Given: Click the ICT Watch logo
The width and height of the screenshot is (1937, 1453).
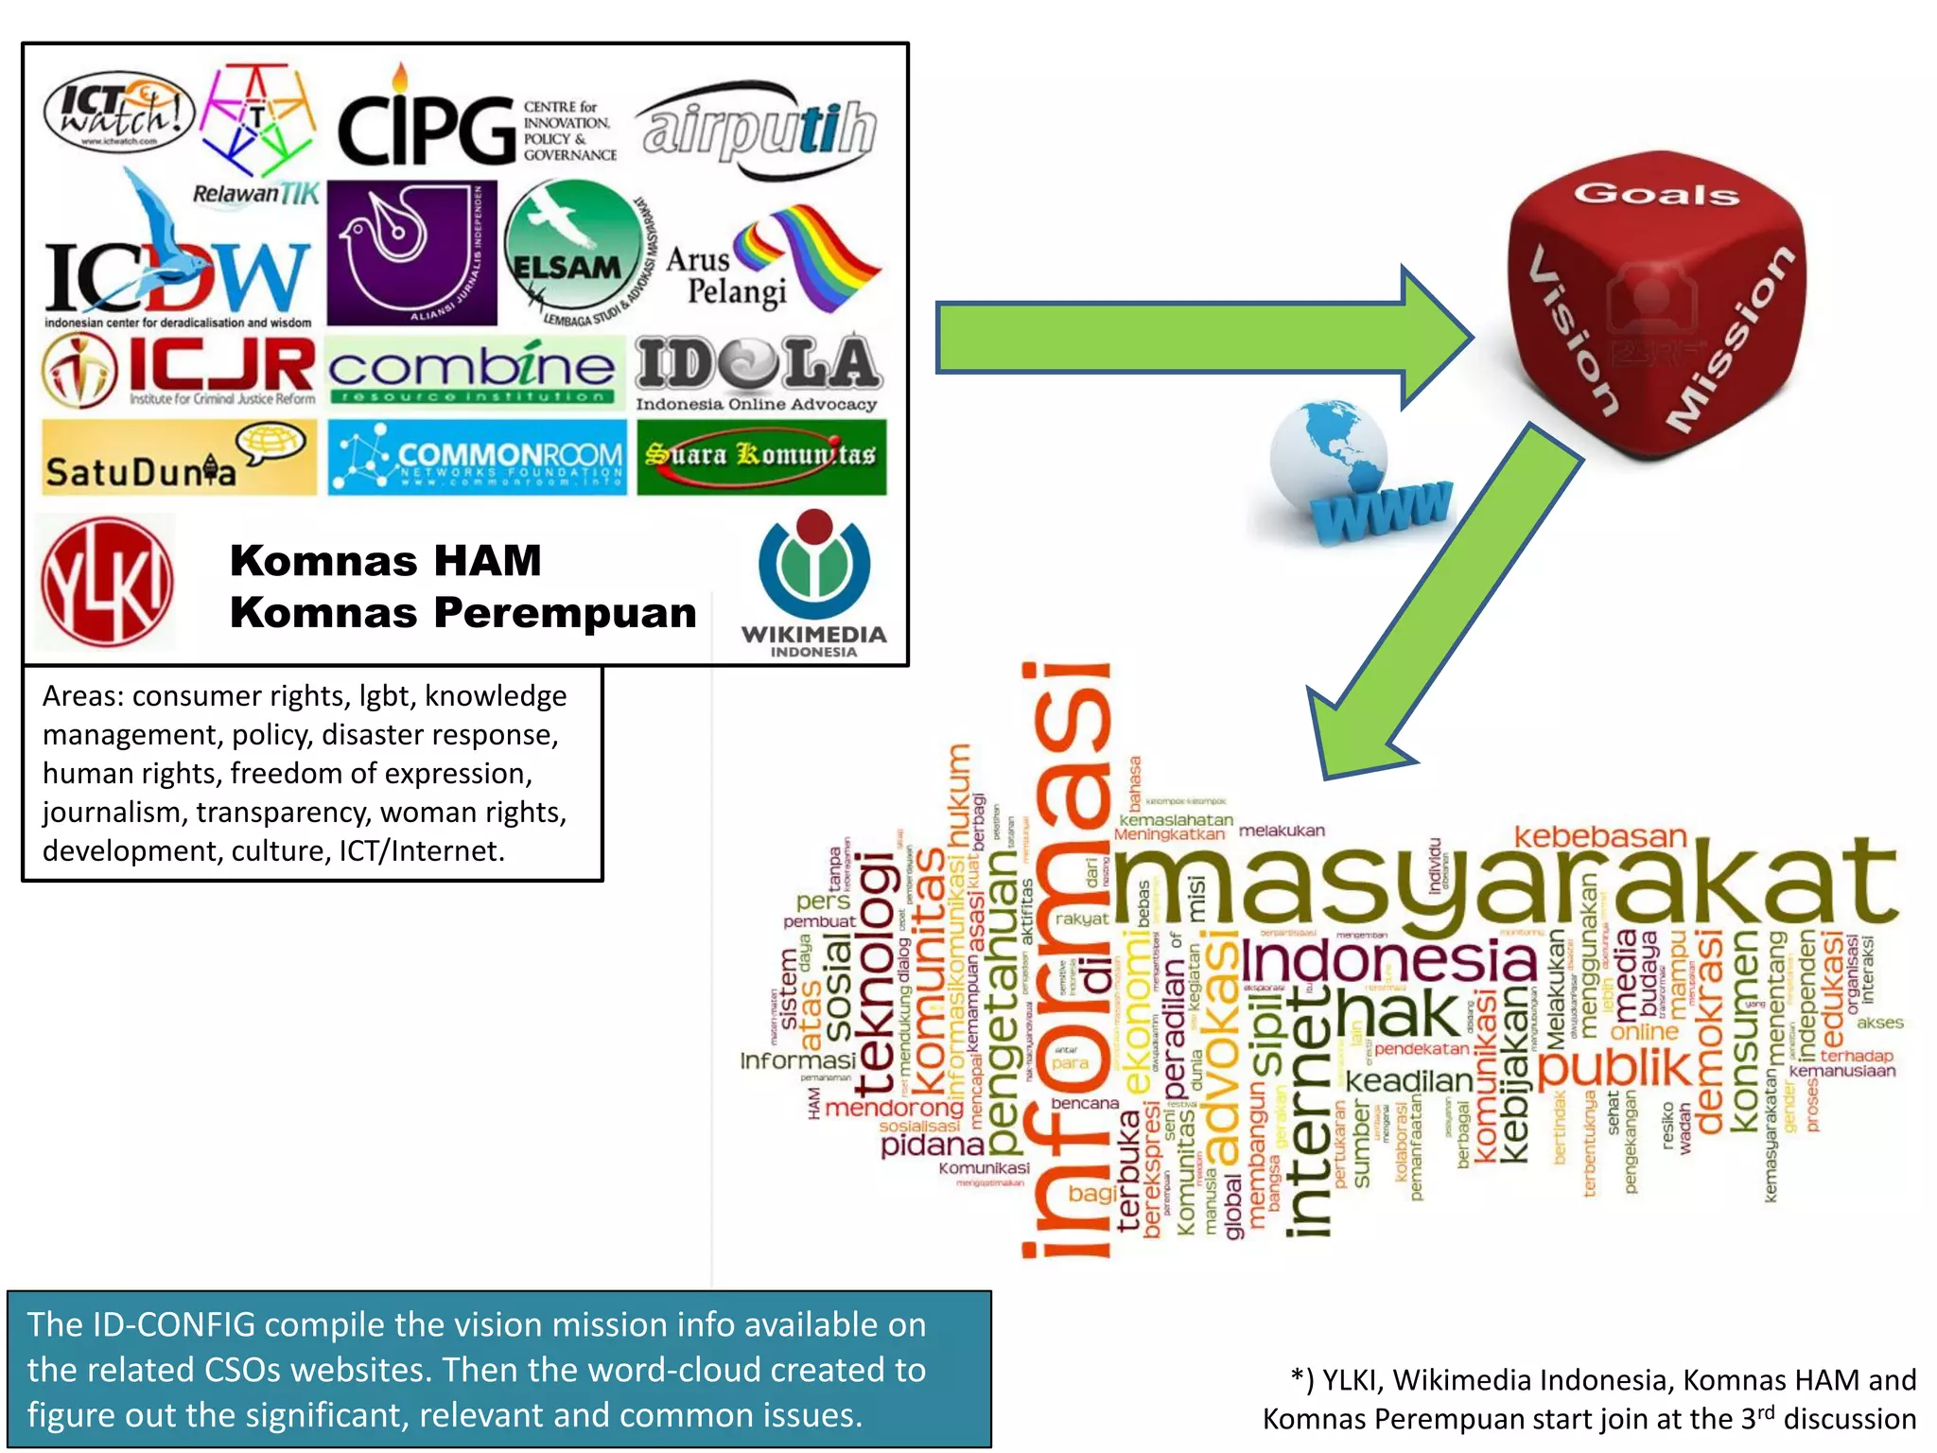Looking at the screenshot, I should [119, 112].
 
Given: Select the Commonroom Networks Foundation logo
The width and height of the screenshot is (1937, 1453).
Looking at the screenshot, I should [477, 458].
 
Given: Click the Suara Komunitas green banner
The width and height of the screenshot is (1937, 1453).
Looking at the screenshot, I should [761, 457].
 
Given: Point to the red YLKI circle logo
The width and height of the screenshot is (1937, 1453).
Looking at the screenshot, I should [107, 581].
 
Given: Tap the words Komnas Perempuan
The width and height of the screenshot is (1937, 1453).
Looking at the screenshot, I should [462, 613].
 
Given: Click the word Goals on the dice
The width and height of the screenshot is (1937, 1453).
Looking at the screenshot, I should [1656, 194].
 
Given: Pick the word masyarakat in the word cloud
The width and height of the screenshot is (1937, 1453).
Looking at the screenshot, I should [1504, 884].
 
